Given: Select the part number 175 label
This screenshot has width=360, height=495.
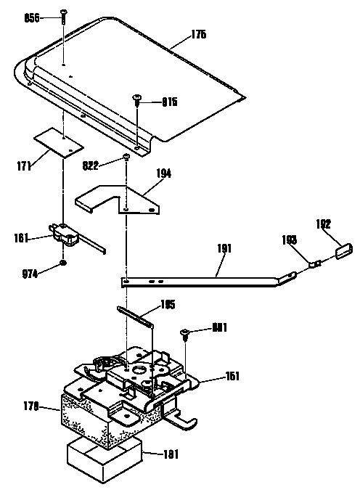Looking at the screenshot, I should [178, 33].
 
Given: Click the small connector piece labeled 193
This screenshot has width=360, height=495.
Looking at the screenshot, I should [314, 264].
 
